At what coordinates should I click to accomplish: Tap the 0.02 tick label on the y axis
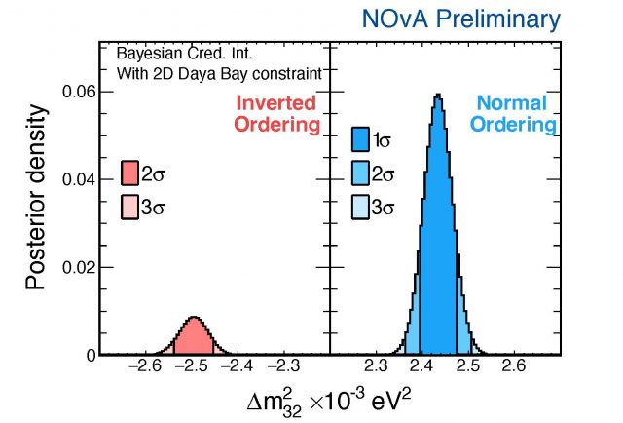[x=77, y=267]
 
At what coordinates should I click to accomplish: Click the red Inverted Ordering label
[x=275, y=114]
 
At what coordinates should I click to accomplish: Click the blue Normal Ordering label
[x=516, y=114]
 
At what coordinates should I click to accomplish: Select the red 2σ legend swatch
[x=131, y=173]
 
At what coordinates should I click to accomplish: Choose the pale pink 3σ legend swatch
[x=131, y=207]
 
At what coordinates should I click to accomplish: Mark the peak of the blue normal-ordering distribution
[x=438, y=95]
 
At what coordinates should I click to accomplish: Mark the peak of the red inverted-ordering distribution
[x=194, y=318]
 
